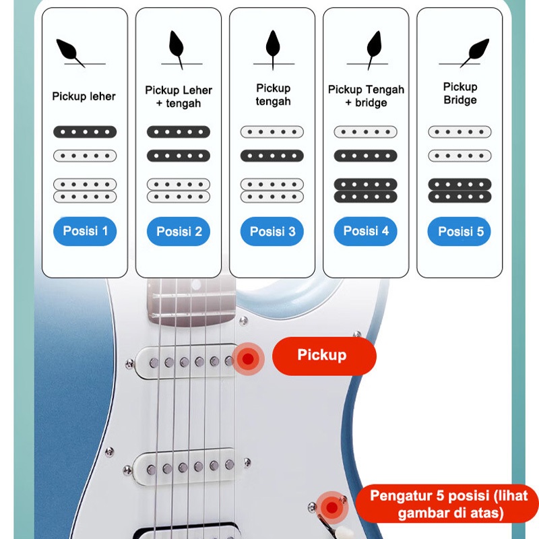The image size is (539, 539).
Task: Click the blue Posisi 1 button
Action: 85,232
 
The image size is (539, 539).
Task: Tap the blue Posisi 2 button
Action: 179,232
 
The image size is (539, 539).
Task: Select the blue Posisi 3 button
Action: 272,232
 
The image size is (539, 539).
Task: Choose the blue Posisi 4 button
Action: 366,232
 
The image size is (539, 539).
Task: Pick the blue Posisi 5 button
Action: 459,232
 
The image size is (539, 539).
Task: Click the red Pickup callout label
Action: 323,356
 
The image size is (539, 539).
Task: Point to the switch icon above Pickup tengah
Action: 272,49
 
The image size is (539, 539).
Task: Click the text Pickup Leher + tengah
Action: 179,96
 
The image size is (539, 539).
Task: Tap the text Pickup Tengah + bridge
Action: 366,96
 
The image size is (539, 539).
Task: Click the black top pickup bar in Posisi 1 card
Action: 85,132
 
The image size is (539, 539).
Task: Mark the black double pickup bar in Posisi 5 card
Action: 459,191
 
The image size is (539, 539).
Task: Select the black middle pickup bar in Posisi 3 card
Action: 272,156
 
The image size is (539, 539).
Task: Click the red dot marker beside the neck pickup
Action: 249,358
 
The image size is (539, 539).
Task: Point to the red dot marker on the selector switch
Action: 331,507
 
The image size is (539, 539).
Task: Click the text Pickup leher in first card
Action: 84,96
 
